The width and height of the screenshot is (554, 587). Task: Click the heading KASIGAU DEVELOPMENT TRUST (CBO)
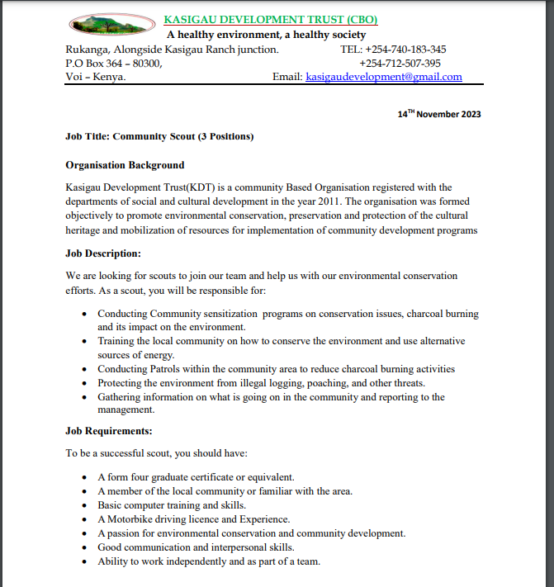coord(272,20)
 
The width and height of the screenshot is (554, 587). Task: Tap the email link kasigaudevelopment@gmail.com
coord(384,77)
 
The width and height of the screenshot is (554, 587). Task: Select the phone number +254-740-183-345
coord(405,50)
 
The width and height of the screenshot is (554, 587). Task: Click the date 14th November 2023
coord(438,114)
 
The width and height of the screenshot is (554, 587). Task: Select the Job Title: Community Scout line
coord(159,136)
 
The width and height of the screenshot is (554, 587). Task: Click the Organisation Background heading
coord(125,165)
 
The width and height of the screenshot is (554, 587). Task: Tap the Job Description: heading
coord(103,253)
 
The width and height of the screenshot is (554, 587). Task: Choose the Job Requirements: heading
coord(109,431)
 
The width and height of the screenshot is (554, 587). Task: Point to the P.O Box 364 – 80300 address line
coord(114,63)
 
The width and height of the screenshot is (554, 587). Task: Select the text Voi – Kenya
coord(96,77)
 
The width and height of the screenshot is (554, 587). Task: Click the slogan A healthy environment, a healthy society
coord(266,35)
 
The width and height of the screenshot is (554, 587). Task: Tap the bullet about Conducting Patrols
coord(276,369)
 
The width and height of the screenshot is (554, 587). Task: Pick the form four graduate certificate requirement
coord(196,477)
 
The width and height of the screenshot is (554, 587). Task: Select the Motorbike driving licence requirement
coord(194,519)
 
